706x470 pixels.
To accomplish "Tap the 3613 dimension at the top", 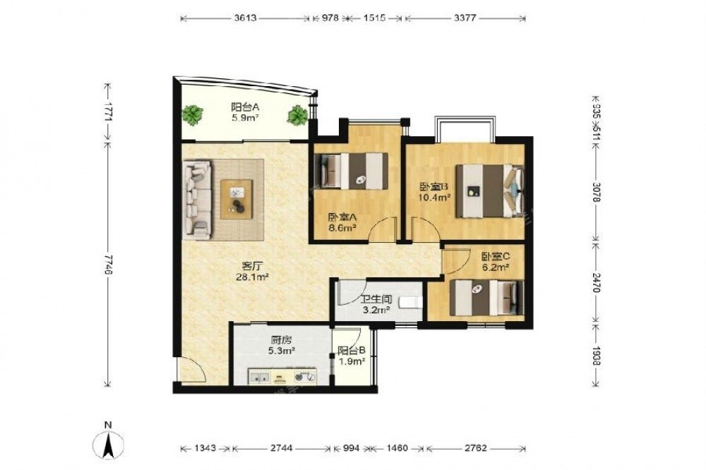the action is point(246,18).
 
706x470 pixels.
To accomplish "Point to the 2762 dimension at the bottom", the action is point(476,448).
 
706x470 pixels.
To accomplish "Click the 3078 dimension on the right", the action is point(596,192).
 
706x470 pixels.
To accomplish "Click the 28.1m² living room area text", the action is point(253,277).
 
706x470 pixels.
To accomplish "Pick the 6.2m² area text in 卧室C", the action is point(496,267).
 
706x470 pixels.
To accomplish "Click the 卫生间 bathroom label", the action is point(376,299).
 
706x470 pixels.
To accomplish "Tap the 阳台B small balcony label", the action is point(351,350).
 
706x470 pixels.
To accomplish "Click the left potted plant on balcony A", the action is point(192,114).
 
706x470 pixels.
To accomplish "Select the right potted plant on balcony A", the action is point(298,115).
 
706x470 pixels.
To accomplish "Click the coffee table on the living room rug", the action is point(237,199).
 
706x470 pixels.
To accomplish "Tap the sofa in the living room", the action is point(197,200).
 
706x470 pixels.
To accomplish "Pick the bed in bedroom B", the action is point(490,191).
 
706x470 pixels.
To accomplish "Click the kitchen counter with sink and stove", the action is point(282,376).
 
